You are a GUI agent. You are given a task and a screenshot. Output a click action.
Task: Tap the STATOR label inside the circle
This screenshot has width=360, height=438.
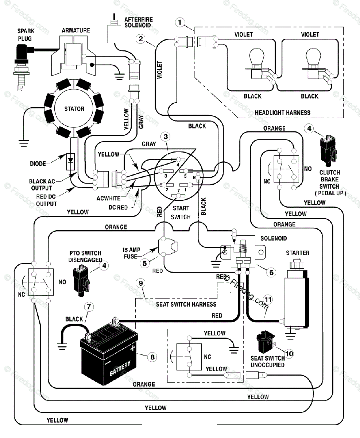[x=74, y=109]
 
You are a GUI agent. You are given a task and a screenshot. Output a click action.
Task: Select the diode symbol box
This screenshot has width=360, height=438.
[x=70, y=162]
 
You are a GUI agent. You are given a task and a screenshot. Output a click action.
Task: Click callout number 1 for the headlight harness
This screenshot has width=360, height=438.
[x=180, y=22]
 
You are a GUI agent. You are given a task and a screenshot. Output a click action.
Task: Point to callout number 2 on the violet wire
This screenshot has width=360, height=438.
[x=141, y=39]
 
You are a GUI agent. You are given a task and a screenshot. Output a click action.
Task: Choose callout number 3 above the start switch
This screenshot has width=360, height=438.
[x=166, y=137]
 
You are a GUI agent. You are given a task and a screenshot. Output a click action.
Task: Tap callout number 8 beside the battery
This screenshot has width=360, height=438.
[x=152, y=357]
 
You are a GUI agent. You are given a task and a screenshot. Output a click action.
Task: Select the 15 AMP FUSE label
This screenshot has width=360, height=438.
[x=131, y=253]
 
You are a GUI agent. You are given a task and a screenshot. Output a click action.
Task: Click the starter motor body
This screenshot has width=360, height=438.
[x=296, y=297]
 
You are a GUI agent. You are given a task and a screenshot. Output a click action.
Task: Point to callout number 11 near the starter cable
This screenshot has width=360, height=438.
[x=268, y=299]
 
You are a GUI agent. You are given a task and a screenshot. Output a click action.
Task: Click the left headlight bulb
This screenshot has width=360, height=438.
[x=257, y=64]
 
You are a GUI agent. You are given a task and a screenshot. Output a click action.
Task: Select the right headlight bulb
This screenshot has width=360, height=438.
[x=313, y=64]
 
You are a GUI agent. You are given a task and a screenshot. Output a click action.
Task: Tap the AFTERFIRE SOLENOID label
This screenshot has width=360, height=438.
[x=138, y=22]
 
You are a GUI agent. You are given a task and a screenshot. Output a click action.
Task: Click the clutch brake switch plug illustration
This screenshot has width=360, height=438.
[x=329, y=151]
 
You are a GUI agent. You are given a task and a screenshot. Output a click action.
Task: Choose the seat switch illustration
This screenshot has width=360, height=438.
[x=266, y=341]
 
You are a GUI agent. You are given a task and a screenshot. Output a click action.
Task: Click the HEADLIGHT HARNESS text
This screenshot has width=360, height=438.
[x=283, y=113]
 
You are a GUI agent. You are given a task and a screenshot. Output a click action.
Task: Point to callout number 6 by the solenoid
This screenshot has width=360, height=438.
[x=271, y=272]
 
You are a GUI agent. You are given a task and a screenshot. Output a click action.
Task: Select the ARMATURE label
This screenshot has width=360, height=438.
[x=76, y=31]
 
